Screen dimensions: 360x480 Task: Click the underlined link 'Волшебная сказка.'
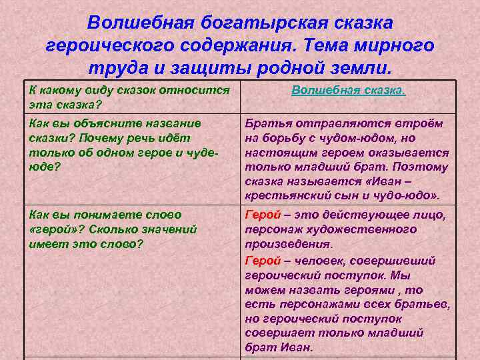click(x=348, y=90)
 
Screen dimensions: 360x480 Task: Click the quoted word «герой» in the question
click(x=54, y=229)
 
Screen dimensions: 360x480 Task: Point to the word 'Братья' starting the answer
click(x=268, y=123)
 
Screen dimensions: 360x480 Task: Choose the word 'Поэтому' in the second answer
click(x=420, y=167)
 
